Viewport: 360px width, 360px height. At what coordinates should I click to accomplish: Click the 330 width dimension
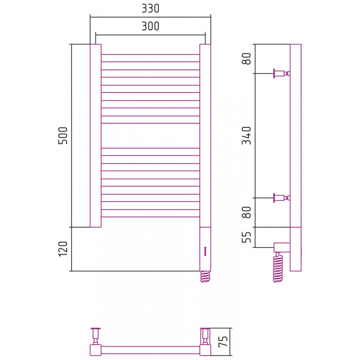(x=150, y=9)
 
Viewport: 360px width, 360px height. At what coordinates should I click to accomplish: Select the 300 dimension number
(x=150, y=26)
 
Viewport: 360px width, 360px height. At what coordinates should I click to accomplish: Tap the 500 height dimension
(x=63, y=135)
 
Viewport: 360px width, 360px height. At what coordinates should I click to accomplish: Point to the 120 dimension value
(x=63, y=249)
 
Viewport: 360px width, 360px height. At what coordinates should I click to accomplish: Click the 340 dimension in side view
(x=247, y=135)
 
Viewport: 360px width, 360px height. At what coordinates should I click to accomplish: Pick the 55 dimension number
(x=247, y=237)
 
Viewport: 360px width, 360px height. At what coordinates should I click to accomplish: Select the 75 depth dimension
(x=223, y=341)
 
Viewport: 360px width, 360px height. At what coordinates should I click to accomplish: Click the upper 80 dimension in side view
(x=247, y=59)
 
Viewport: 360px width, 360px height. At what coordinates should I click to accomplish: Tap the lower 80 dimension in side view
(x=247, y=212)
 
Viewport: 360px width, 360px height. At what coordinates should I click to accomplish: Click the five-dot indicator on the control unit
(x=205, y=251)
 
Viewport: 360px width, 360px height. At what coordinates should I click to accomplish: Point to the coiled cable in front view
(x=205, y=277)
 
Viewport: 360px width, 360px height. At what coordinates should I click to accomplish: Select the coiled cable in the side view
(x=278, y=267)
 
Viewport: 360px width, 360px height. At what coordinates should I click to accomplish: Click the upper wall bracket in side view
(x=282, y=73)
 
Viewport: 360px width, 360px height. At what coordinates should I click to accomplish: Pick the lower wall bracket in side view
(x=282, y=198)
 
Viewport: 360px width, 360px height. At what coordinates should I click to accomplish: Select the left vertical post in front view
(x=95, y=135)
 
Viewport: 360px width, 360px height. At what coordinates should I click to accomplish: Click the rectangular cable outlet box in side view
(x=282, y=247)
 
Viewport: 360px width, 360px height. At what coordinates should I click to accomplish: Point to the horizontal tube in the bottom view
(x=150, y=350)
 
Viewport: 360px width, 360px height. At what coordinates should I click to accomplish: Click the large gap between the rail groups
(x=150, y=136)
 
